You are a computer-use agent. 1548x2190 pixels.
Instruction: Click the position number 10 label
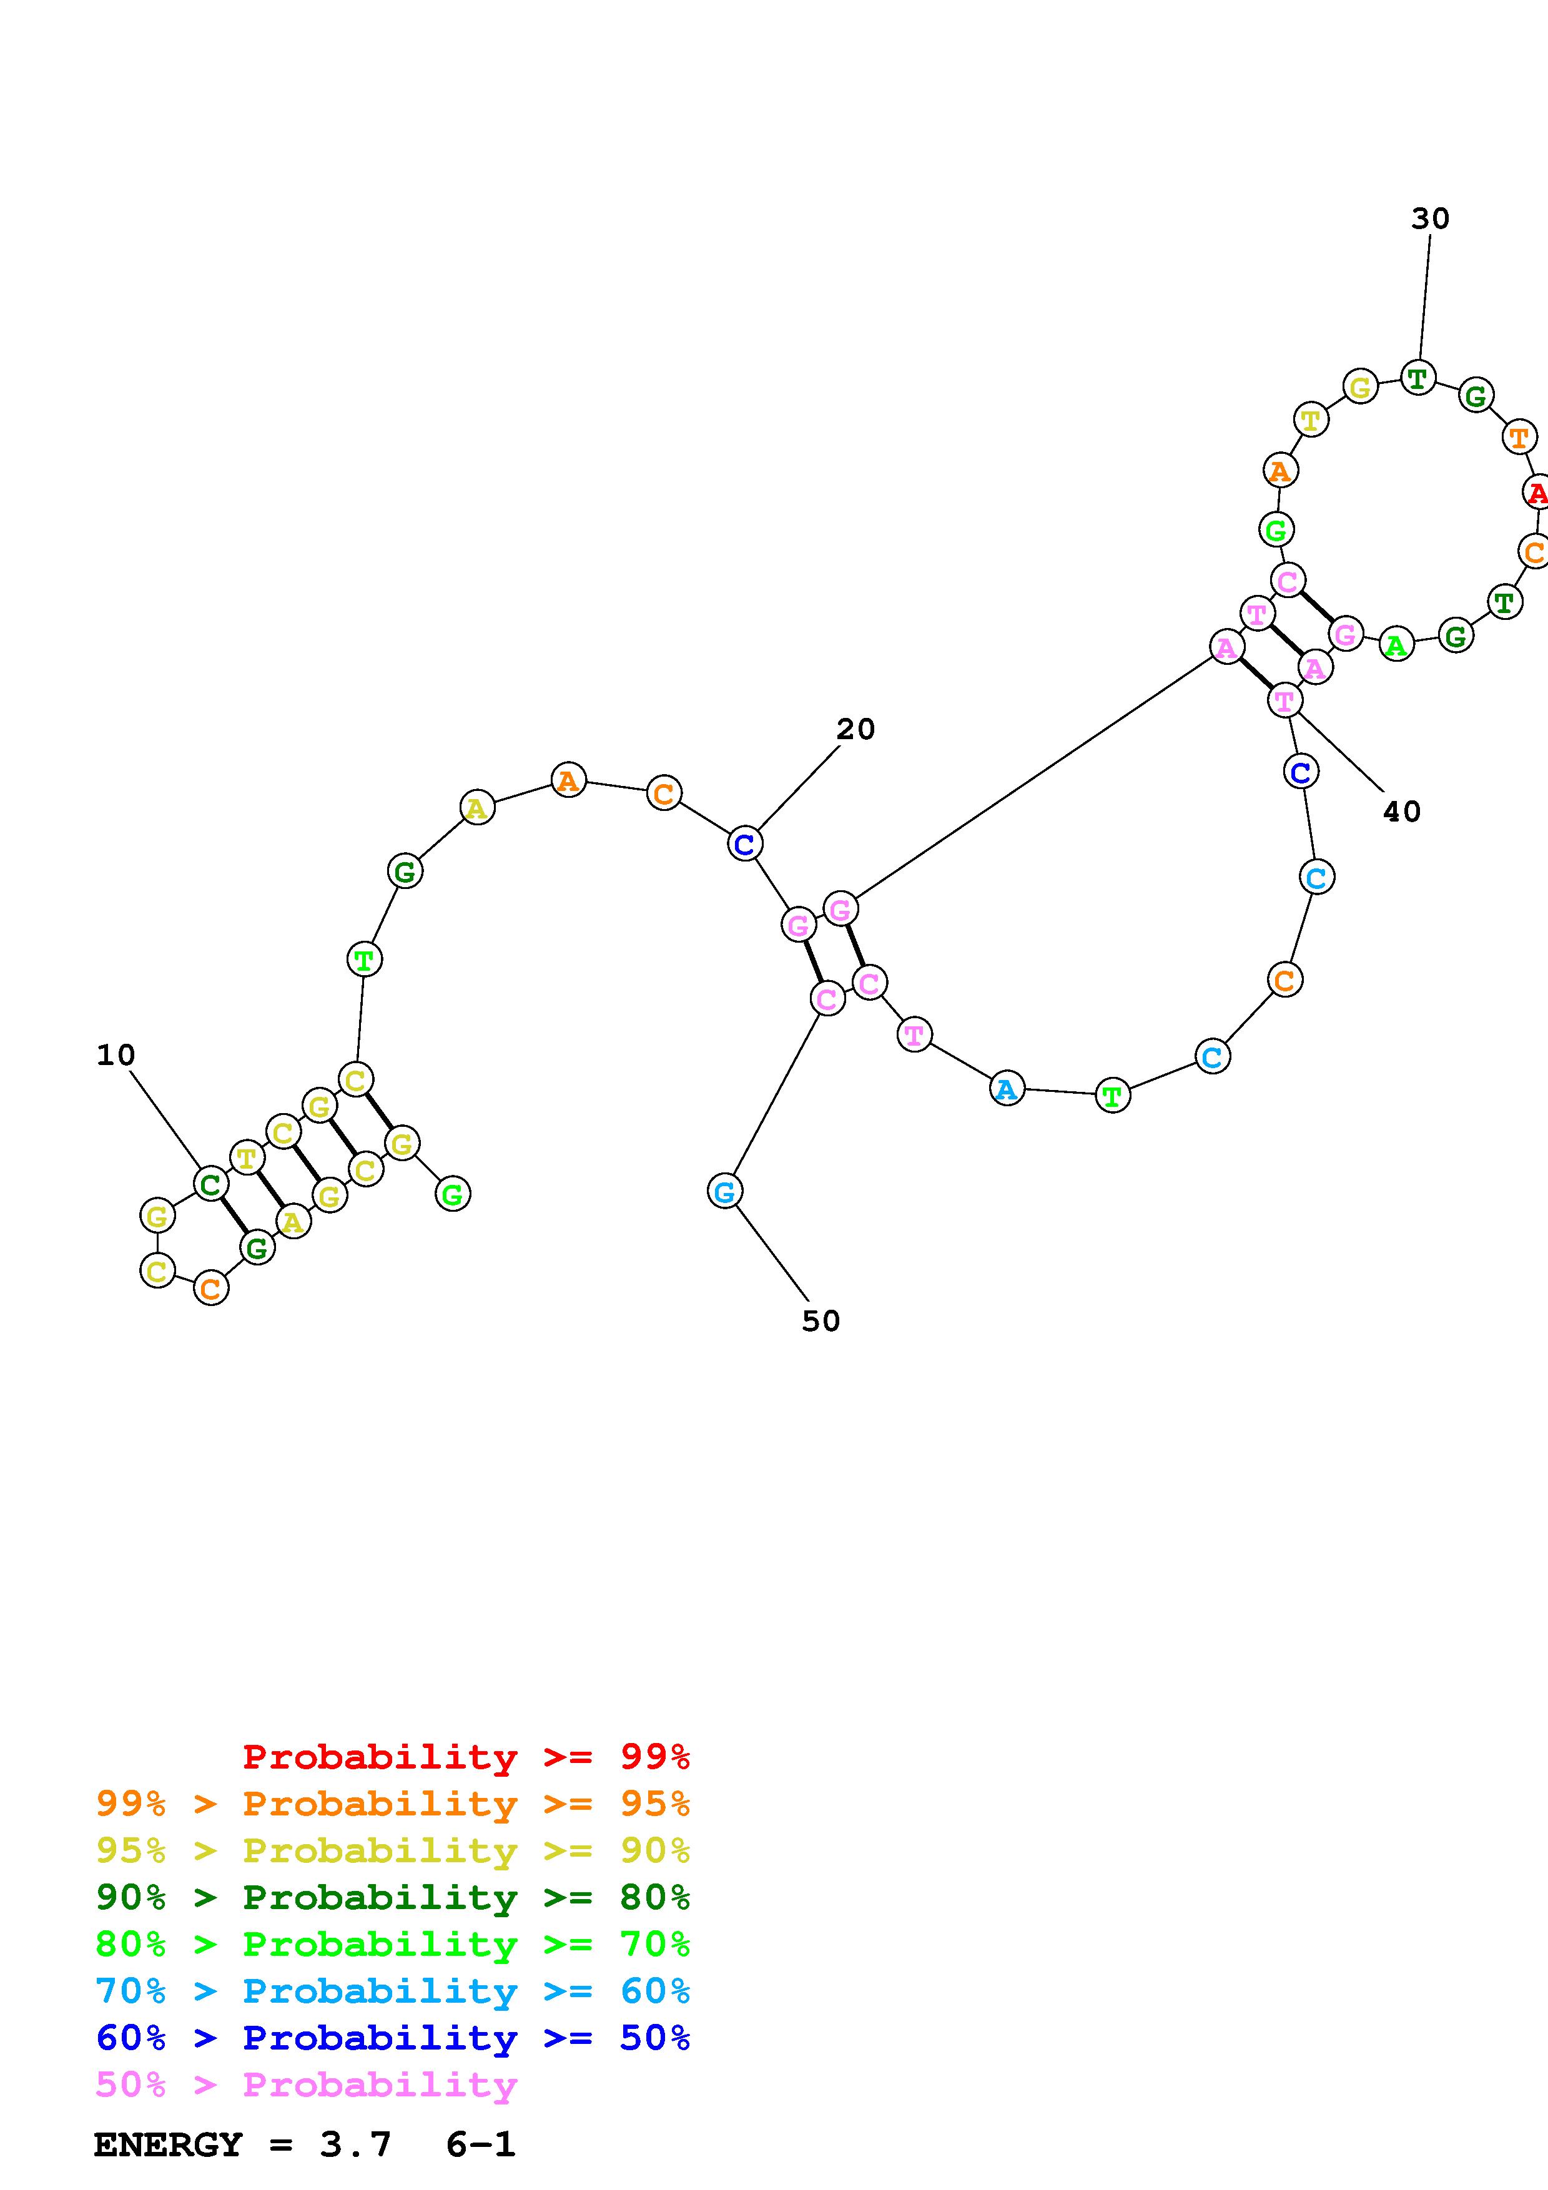(x=116, y=1055)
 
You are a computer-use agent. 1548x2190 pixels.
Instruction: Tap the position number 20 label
(x=855, y=730)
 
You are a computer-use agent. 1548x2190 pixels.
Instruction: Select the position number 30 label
(x=1430, y=219)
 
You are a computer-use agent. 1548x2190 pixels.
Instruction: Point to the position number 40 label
(x=1401, y=812)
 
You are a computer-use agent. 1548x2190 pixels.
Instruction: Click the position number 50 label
(x=821, y=1321)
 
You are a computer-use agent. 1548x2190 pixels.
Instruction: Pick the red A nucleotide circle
(x=1536, y=493)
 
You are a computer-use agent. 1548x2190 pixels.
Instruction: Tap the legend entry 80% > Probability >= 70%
(x=392, y=1944)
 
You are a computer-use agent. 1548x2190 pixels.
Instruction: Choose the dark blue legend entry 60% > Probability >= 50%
(x=392, y=2038)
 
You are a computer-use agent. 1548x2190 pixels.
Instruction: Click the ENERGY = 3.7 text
(x=242, y=2145)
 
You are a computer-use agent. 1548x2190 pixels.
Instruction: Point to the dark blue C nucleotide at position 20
(x=745, y=844)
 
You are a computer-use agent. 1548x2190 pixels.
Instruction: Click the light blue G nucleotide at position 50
(x=725, y=1191)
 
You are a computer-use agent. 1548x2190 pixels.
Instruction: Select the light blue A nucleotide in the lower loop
(x=1006, y=1088)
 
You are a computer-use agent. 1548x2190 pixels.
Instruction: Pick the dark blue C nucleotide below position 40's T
(x=1301, y=772)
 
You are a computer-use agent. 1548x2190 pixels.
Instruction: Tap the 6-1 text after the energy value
(x=480, y=2145)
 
